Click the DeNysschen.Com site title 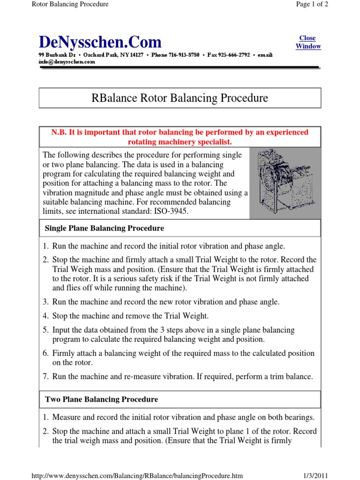coord(100,42)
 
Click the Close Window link coord(308,42)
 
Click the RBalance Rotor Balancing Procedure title coord(179,98)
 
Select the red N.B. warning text coord(180,137)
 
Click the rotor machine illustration coord(285,183)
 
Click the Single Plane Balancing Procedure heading coord(104,228)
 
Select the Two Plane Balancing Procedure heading coord(101,399)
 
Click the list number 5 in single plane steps coord(46,330)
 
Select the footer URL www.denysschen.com coord(137,476)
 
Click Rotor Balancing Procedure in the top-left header coord(70,4)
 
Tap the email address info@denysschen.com coord(67,61)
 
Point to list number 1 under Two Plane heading coord(46,417)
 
